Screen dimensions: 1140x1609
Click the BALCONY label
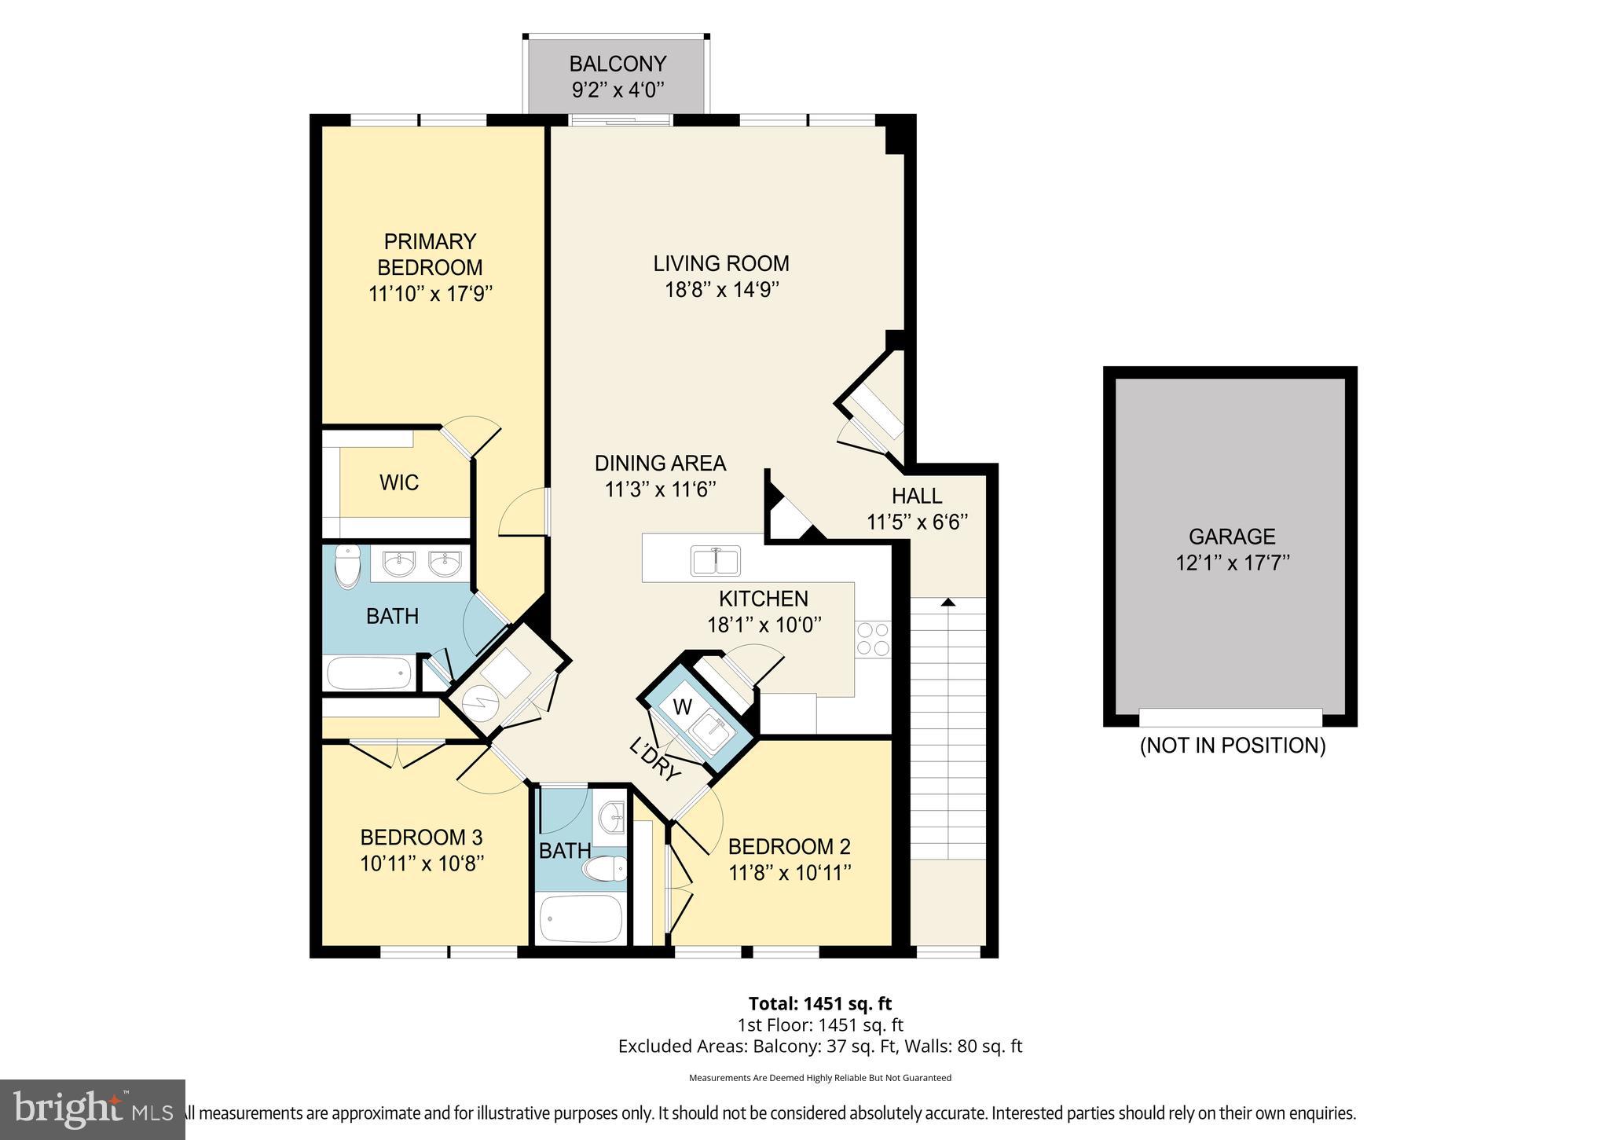[618, 64]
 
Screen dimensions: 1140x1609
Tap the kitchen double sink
[715, 561]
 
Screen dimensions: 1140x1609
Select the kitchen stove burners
[873, 638]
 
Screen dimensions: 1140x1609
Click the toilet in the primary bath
[346, 567]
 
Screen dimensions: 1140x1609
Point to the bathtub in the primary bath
[368, 673]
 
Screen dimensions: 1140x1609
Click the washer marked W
[683, 707]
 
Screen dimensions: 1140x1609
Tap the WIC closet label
[399, 482]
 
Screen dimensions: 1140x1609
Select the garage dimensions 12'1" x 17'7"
[1232, 563]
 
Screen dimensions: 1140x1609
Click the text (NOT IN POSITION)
[1232, 746]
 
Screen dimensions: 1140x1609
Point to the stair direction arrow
[947, 602]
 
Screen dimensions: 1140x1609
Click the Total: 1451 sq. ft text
[819, 1003]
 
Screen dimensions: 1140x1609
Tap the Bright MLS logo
[92, 1109]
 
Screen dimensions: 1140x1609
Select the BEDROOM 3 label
[421, 838]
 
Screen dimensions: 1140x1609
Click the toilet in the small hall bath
[605, 869]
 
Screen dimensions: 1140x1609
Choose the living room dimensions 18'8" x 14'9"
[721, 289]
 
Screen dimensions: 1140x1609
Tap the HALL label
[916, 496]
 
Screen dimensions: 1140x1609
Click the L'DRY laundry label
[654, 759]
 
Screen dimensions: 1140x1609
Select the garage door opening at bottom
[1230, 717]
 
